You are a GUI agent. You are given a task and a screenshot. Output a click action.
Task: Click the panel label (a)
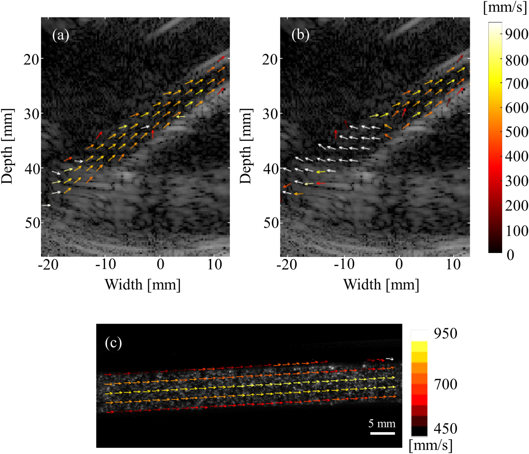click(x=60, y=35)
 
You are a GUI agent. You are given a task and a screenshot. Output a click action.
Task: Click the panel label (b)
click(x=300, y=35)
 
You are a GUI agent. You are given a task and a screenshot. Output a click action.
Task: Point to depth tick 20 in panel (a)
click(x=31, y=60)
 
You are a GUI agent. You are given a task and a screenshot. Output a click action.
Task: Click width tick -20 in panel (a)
click(x=48, y=265)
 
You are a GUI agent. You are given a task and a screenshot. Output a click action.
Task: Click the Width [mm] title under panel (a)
click(x=142, y=285)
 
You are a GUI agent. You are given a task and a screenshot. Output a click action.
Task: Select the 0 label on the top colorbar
click(x=510, y=255)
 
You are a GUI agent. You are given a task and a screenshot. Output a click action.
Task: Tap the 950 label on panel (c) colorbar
click(x=445, y=333)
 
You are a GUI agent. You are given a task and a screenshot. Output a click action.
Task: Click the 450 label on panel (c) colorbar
click(x=445, y=428)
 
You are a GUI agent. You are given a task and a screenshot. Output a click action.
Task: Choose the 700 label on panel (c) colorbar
click(x=445, y=384)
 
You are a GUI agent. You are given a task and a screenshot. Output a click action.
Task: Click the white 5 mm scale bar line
click(x=382, y=433)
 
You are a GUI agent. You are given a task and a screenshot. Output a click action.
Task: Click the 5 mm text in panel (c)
click(x=382, y=424)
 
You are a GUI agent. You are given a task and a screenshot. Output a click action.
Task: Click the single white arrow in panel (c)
click(x=390, y=359)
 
